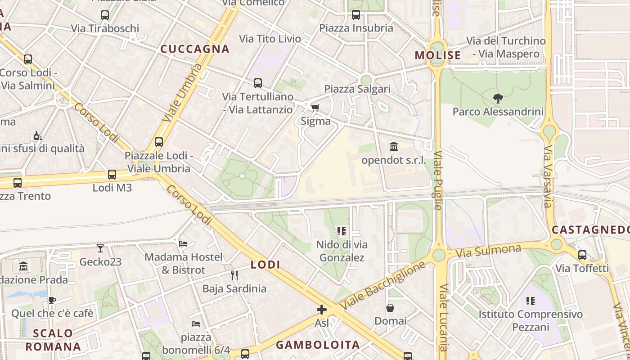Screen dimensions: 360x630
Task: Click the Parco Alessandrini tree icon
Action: [498, 98]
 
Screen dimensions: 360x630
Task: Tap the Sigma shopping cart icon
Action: [315, 108]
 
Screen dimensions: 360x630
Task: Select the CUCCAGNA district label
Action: [195, 49]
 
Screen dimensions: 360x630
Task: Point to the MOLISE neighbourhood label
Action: [438, 55]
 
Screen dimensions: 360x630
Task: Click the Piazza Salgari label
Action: [357, 89]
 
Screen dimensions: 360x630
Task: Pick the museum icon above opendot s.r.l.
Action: [394, 146]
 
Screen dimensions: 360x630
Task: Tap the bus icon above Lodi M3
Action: [112, 174]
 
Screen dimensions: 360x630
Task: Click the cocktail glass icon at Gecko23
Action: [100, 248]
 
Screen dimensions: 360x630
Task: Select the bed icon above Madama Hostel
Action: [183, 243]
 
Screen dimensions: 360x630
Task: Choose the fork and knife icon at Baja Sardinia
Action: [234, 274]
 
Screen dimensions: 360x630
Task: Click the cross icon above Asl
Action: [321, 310]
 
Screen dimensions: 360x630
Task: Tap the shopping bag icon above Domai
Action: [390, 308]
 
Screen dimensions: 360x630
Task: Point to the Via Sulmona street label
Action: [488, 251]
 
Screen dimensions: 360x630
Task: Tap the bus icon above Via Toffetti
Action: [582, 255]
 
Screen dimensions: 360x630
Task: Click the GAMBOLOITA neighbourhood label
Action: [318, 345]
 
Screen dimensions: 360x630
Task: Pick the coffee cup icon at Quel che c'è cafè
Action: [52, 300]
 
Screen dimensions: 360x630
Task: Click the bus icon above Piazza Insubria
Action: [356, 14]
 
